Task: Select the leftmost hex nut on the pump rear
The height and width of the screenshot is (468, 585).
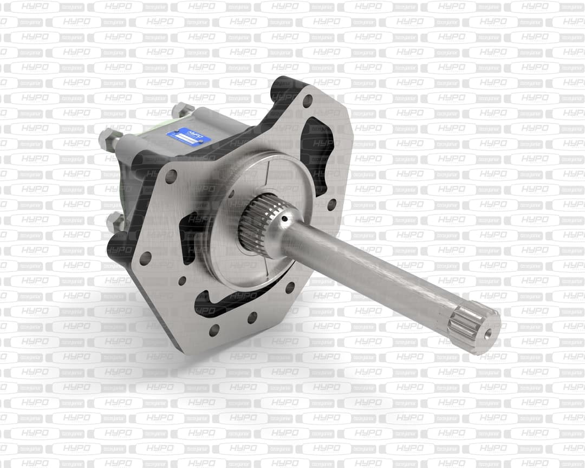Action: coord(108,139)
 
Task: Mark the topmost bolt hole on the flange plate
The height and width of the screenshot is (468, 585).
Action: coord(307,101)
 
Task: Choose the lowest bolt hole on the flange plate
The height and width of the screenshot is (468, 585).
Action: coord(214,329)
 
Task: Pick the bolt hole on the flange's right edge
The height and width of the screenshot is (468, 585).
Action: coord(331,204)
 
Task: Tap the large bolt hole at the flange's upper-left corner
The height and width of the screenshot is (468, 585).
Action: coord(171,176)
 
